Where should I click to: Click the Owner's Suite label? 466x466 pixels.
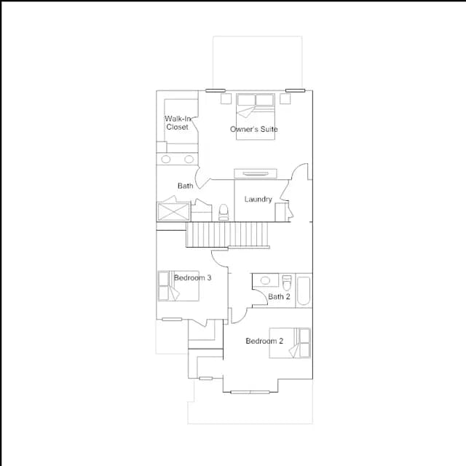click(254, 130)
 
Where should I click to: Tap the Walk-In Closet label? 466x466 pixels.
click(178, 123)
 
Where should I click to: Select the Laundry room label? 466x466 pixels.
click(258, 199)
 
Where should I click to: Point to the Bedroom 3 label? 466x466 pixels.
click(192, 277)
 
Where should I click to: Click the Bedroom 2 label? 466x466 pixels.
click(264, 341)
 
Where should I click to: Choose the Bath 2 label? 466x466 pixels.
click(279, 296)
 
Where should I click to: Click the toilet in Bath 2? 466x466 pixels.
click(287, 283)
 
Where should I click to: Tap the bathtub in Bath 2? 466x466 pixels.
click(304, 291)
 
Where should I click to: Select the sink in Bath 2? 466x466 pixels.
click(265, 280)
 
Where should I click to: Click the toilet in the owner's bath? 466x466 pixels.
click(224, 212)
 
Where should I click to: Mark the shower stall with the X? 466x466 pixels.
click(173, 212)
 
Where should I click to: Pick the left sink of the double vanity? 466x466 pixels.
click(166, 159)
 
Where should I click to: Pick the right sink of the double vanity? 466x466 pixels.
click(189, 159)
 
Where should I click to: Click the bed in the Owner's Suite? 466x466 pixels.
click(256, 116)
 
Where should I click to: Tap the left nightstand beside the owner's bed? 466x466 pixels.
click(226, 99)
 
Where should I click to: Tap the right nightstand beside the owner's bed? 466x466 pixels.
click(285, 99)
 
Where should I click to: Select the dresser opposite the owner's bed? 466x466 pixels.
click(256, 173)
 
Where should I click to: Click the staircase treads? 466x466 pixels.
click(227, 234)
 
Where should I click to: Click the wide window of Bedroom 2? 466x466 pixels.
click(250, 392)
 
